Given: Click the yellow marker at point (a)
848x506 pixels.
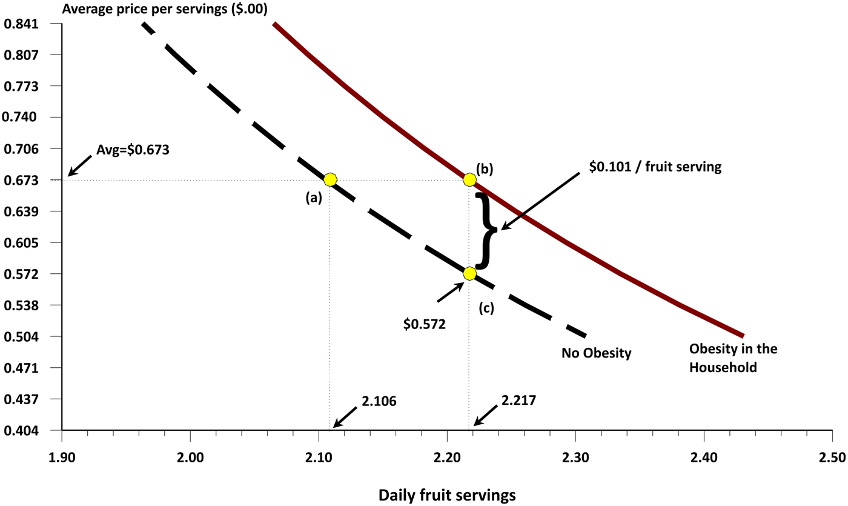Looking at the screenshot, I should (330, 179).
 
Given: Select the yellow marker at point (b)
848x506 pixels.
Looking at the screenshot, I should (469, 179).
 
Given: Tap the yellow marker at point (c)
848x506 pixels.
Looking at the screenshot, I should (469, 274).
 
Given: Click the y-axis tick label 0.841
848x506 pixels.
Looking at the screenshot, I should (21, 24).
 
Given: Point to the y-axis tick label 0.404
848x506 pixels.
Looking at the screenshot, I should (21, 431).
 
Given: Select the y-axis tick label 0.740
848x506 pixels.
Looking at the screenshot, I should (21, 118).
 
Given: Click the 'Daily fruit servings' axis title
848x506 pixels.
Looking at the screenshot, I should (447, 495).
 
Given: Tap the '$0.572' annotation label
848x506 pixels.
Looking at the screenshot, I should (425, 325).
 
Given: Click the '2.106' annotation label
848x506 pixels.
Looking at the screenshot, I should (380, 401).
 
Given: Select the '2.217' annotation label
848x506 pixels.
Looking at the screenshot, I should (518, 401).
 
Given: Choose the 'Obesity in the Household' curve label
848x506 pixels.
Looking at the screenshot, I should (734, 358).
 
